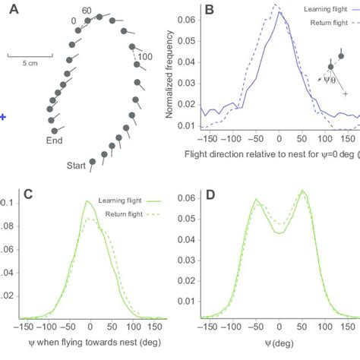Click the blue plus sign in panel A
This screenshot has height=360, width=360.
coord(3,117)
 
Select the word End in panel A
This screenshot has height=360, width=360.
coord(54,140)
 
